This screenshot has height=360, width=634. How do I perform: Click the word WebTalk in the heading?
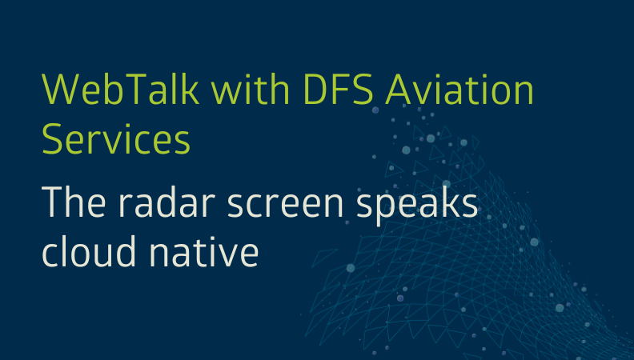[x=121, y=89]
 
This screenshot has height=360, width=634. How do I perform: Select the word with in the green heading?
[x=251, y=89]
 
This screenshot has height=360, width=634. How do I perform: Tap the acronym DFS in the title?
[x=338, y=90]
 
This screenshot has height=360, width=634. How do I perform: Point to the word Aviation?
[x=459, y=89]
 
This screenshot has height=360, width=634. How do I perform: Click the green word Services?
[x=116, y=139]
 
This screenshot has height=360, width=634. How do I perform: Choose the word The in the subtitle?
[x=74, y=202]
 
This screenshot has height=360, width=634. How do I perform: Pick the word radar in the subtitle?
[x=167, y=202]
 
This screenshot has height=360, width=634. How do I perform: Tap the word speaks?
[x=417, y=206]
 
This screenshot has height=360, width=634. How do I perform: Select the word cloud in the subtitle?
[x=89, y=251]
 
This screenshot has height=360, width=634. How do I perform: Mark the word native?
[x=204, y=252]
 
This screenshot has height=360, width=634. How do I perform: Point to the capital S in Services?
[x=52, y=139]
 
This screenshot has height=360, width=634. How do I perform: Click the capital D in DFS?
[x=315, y=90]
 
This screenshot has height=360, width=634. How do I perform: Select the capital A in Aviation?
[x=399, y=90]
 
